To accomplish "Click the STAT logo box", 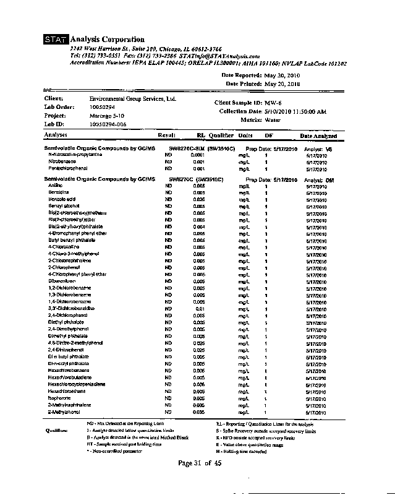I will point(55,40).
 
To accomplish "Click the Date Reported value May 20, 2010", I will point(282,75).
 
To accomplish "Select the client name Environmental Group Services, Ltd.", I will point(133,98).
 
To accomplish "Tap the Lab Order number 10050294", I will point(103,107).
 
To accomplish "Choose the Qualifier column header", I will point(221,135).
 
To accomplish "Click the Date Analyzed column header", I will point(318,136).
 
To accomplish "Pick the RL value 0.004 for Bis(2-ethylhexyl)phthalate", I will point(198,226).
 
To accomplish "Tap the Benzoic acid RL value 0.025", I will point(198,199).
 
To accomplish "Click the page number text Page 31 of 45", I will point(199,463).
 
